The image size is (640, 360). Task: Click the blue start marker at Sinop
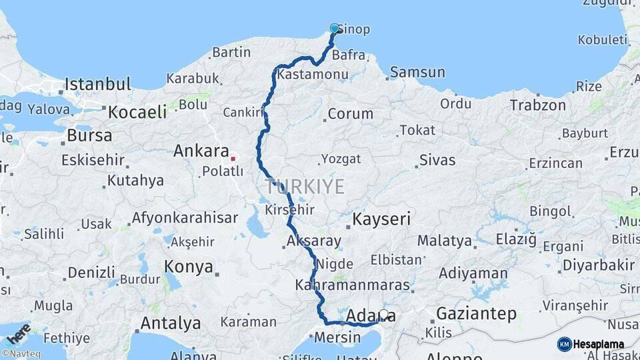(x=335, y=28)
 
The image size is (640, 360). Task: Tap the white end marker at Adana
(x=383, y=313)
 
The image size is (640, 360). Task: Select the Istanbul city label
(x=97, y=85)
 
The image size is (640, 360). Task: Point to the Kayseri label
(x=381, y=219)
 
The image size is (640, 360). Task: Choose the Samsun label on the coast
(x=417, y=72)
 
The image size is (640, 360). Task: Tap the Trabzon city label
(x=538, y=105)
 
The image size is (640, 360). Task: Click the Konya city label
(x=189, y=267)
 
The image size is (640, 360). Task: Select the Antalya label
(x=171, y=323)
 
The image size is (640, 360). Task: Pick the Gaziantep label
(x=476, y=313)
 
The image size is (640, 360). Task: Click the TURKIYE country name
(x=305, y=186)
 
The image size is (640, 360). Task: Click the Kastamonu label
(x=309, y=74)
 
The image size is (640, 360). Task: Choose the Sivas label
(x=437, y=160)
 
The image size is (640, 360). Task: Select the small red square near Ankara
(x=232, y=159)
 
